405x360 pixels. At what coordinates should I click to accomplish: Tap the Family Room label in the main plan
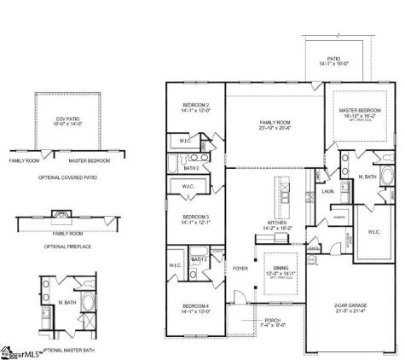pyautogui.click(x=275, y=125)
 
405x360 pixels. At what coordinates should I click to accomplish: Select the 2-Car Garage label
pyautogui.click(x=350, y=309)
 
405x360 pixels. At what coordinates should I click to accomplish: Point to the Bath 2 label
pyautogui.click(x=191, y=169)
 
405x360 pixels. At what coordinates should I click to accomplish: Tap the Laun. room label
pyautogui.click(x=328, y=192)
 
